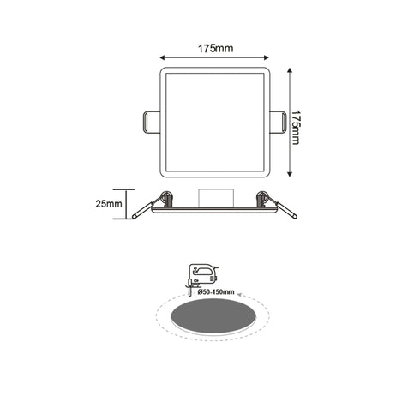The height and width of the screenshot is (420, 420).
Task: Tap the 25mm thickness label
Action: click(x=107, y=204)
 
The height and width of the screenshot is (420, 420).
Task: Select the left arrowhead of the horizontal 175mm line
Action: click(x=163, y=58)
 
